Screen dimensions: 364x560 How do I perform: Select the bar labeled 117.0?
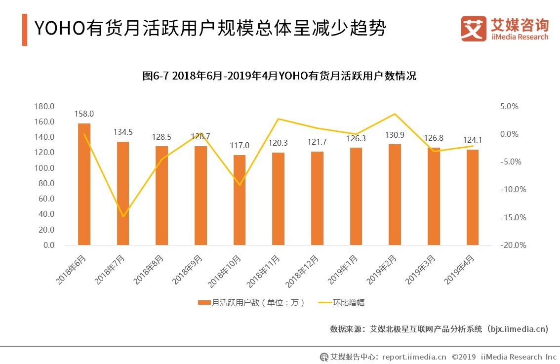pyautogui.click(x=240, y=200)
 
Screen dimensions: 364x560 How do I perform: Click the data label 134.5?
pyautogui.click(x=123, y=132)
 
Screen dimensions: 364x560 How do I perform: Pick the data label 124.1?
pyautogui.click(x=473, y=140)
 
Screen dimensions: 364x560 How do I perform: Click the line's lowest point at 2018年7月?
pyautogui.click(x=123, y=216)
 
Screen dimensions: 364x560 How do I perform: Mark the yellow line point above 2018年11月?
pyautogui.click(x=279, y=119)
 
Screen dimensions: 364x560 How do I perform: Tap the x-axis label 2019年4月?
pyautogui.click(x=460, y=270)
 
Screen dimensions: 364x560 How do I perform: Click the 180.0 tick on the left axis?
pyautogui.click(x=44, y=106)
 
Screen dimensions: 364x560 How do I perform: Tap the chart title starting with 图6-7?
pyautogui.click(x=280, y=76)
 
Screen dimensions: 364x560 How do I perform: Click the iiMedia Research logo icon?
pyautogui.click(x=473, y=29)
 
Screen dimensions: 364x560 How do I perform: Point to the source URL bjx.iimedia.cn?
pyautogui.click(x=518, y=328)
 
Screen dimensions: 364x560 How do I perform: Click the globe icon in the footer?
pyautogui.click(x=324, y=357)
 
